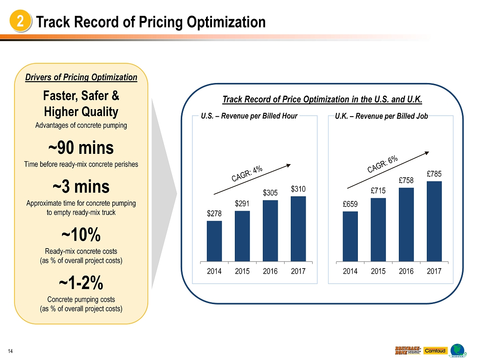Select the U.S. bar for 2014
pyautogui.click(x=214, y=241)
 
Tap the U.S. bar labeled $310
pyautogui.click(x=298, y=228)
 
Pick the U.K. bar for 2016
pyautogui.click(x=406, y=224)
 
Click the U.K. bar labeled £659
pyautogui.click(x=350, y=236)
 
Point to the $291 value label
pyautogui.click(x=242, y=204)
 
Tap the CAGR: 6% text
pyautogui.click(x=383, y=164)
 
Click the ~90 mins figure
pyautogui.click(x=81, y=148)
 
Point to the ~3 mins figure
pyautogui.click(x=81, y=187)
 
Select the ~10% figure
pyautogui.click(x=81, y=235)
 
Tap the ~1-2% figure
pyautogui.click(x=81, y=283)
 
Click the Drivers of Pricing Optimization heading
pyautogui.click(x=81, y=77)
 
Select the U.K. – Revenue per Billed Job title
pyautogui.click(x=381, y=116)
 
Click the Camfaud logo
pyautogui.click(x=435, y=350)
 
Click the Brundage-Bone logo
pyautogui.click(x=408, y=350)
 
